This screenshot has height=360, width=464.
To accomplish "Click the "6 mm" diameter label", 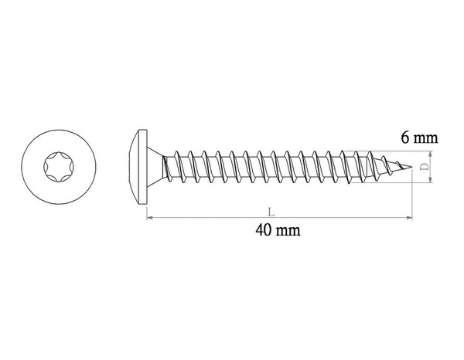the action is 419,138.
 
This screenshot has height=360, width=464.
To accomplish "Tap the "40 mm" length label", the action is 278,230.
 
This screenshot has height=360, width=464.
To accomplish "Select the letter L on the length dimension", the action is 271,212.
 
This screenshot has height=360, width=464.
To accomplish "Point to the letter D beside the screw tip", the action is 425,167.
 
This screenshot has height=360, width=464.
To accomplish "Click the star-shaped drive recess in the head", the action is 59,167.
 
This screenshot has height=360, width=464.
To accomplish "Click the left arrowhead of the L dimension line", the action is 149,218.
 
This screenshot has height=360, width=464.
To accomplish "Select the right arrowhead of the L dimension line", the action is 410,218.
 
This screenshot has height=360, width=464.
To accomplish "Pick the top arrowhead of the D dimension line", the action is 431,154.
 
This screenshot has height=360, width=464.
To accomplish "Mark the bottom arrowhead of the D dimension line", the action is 431,180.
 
